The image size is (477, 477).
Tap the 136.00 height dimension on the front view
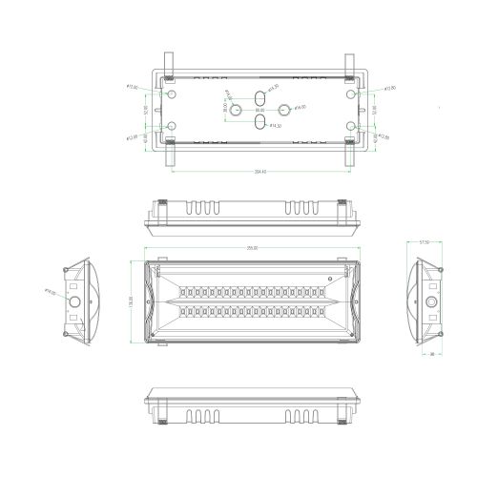pyautogui.click(x=133, y=302)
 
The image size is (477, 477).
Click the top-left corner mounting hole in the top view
pyautogui.click(x=171, y=95)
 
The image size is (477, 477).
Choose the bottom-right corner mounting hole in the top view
pyautogui.click(x=352, y=126)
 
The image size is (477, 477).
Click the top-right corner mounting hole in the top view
pyautogui.click(x=352, y=95)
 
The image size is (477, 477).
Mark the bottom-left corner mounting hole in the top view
pyautogui.click(x=171, y=126)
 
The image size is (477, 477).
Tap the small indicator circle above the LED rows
pyautogui.click(x=331, y=280)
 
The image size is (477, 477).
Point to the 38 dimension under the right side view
pyautogui.click(x=432, y=355)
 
